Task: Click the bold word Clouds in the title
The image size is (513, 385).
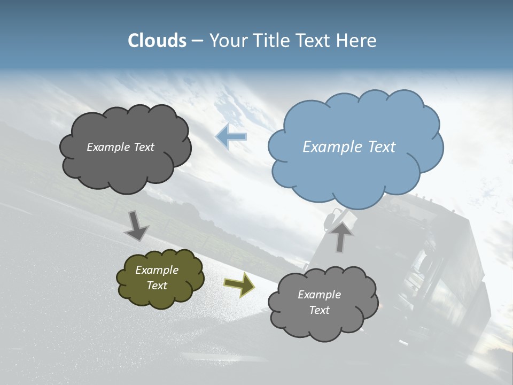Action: [157, 41]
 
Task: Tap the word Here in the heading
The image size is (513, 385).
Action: [357, 41]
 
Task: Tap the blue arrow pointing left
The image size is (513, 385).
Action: [231, 136]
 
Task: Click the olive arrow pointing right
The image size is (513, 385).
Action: [239, 285]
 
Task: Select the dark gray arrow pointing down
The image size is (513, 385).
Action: [137, 226]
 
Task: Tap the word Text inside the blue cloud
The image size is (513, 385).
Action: [382, 147]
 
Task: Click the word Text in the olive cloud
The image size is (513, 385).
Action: [157, 286]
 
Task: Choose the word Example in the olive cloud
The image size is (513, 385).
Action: [157, 270]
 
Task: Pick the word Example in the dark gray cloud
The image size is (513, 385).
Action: [108, 147]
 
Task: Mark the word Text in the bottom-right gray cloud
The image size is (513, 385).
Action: [319, 310]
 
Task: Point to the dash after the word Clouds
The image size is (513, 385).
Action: [197, 41]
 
